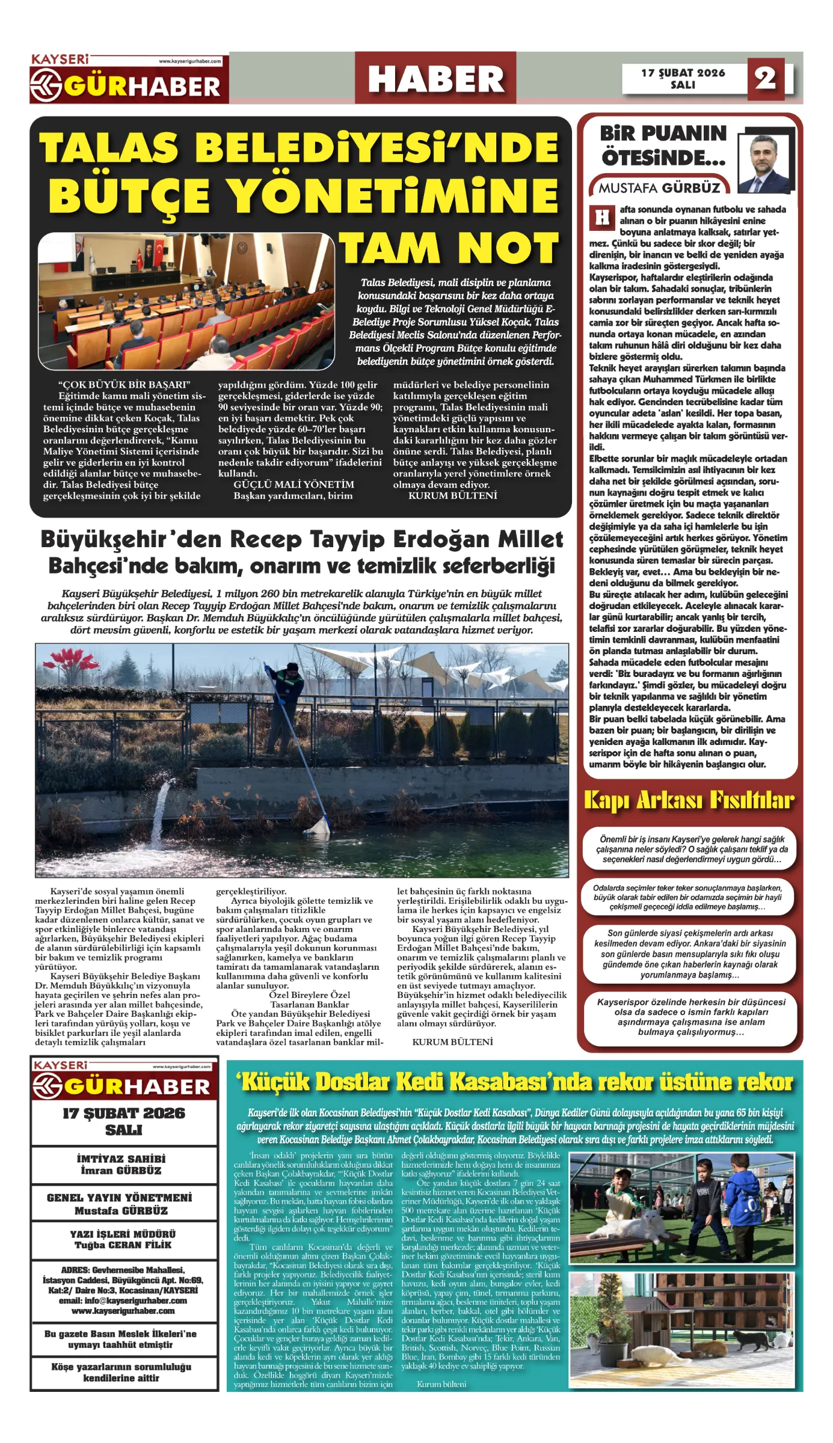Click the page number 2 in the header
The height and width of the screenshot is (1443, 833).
(x=765, y=78)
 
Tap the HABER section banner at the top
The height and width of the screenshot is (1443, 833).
(x=435, y=79)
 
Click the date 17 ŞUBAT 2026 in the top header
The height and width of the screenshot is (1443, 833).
(x=683, y=73)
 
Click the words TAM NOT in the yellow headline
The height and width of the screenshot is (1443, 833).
(x=450, y=248)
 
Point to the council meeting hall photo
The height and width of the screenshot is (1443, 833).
(x=186, y=301)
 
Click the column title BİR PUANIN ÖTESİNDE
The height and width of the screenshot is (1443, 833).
(x=663, y=146)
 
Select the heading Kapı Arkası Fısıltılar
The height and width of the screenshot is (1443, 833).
(x=689, y=801)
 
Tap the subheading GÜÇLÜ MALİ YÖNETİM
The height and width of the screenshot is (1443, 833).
(x=294, y=485)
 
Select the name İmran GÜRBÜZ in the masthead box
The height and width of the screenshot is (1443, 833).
(x=121, y=1171)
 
